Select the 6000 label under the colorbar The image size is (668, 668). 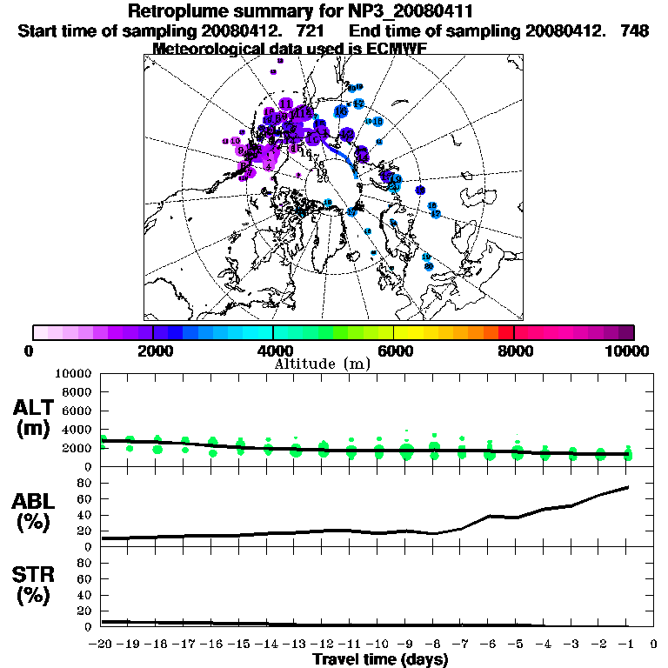pyautogui.click(x=394, y=351)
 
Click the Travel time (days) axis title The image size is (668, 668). pyautogui.click(x=381, y=660)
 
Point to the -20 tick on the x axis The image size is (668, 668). pyautogui.click(x=102, y=645)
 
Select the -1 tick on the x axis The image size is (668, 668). pyautogui.click(x=626, y=645)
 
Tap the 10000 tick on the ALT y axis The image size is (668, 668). pyautogui.click(x=73, y=373)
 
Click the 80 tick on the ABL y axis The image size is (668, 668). pyautogui.click(x=85, y=482)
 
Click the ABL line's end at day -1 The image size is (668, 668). pyautogui.click(x=628, y=487)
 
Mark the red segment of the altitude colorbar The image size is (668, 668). pyautogui.click(x=506, y=331)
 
